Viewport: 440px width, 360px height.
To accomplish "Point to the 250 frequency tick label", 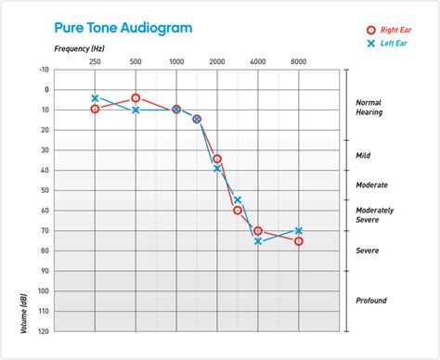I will [x=95, y=60].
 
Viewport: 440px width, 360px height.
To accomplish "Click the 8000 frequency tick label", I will [x=299, y=60].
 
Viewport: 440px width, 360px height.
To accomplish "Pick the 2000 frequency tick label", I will [x=217, y=60].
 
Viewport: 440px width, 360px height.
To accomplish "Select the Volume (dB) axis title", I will [x=21, y=312].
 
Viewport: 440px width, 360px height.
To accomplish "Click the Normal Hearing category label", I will [x=371, y=108].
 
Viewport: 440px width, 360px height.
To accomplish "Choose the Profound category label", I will [x=371, y=301].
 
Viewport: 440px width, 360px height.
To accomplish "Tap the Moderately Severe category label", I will [x=373, y=215].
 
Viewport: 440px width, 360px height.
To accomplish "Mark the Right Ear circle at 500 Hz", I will [x=136, y=97].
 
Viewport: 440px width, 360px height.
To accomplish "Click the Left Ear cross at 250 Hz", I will [x=95, y=97].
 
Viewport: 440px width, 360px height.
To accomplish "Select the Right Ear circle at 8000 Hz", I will [x=299, y=241].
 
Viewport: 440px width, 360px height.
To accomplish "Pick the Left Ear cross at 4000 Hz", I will [x=258, y=241].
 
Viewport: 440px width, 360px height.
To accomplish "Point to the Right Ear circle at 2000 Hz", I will [x=217, y=159].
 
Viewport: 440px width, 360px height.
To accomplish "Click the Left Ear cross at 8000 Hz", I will [x=299, y=230].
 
